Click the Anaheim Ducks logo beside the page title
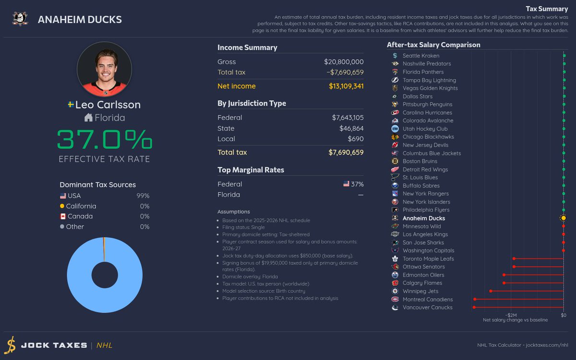[x=20, y=19]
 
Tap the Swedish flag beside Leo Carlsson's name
[x=71, y=105]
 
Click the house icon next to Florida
[x=88, y=118]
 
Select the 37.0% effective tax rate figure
[x=105, y=139]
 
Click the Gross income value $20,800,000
[x=344, y=62]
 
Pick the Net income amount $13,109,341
[x=346, y=86]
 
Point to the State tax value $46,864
[x=351, y=128]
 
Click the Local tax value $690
[x=356, y=139]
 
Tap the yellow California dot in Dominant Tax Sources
[x=62, y=206]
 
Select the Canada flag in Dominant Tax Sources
[x=63, y=216]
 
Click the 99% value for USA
[x=143, y=196]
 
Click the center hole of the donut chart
[x=105, y=275]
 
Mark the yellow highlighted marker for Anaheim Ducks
[x=563, y=218]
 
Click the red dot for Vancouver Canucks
[x=474, y=307]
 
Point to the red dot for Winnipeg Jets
[x=491, y=291]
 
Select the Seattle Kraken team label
[x=420, y=56]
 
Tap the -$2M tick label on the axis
[x=511, y=315]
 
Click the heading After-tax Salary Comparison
[x=433, y=45]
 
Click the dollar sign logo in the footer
[x=10, y=345]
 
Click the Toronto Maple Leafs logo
[x=395, y=259]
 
